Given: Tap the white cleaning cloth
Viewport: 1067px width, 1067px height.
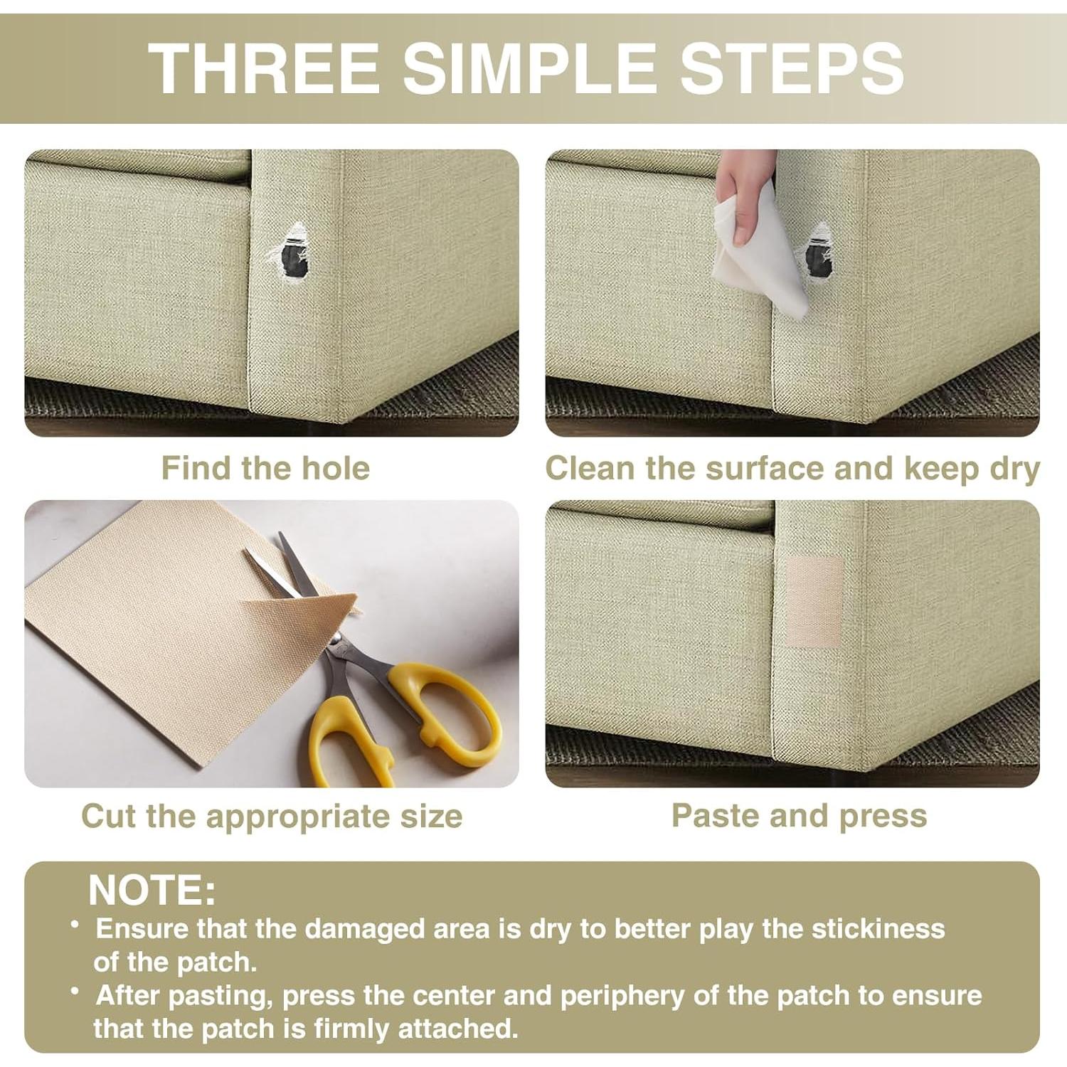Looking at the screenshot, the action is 756,256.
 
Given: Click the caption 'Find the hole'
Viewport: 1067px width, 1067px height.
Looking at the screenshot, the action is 265,468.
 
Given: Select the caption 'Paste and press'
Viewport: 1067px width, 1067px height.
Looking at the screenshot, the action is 800,816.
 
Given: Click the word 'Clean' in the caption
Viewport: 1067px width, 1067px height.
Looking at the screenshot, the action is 591,468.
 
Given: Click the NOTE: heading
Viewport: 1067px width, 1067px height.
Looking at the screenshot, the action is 152,890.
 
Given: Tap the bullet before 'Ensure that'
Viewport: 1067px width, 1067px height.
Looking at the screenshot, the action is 75,924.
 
